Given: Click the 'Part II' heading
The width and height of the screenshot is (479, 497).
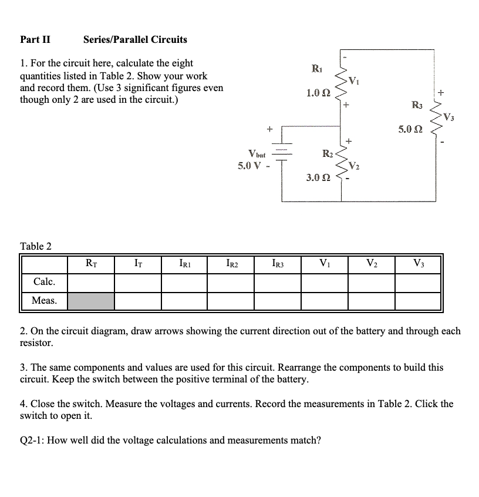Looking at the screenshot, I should click(x=35, y=40).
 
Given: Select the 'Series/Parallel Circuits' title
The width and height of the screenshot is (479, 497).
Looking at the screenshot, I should click(x=135, y=40).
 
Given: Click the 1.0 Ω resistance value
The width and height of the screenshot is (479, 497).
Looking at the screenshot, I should click(x=318, y=92).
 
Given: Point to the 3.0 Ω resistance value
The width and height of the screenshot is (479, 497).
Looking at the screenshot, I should click(x=318, y=177).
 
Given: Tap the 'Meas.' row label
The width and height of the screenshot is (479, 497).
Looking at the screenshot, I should click(x=44, y=301).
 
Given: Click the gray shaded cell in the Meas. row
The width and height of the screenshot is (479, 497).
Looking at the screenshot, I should click(x=91, y=301).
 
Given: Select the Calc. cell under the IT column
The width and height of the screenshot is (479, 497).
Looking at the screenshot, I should click(x=137, y=283).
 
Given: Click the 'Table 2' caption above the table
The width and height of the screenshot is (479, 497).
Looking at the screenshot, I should click(x=36, y=246).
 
